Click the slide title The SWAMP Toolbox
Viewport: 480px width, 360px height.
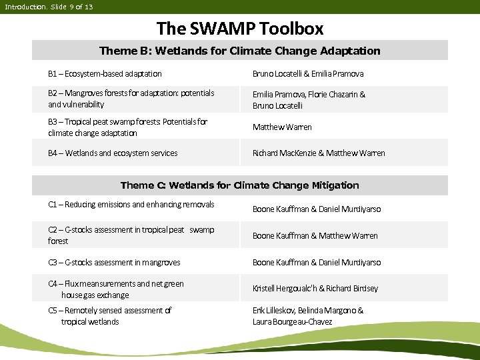[x=240, y=29]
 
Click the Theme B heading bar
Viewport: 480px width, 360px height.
[x=240, y=51]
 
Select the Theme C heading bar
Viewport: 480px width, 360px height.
[x=240, y=185]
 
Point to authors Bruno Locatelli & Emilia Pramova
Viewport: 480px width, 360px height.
[x=308, y=73]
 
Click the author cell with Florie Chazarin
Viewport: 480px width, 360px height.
[x=309, y=100]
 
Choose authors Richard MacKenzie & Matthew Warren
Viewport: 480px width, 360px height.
[x=319, y=153]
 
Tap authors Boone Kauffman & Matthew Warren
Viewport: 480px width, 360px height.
[x=315, y=235]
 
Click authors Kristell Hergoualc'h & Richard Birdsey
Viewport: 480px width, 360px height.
[x=315, y=289]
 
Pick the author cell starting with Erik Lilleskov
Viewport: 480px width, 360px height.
[x=308, y=316]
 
